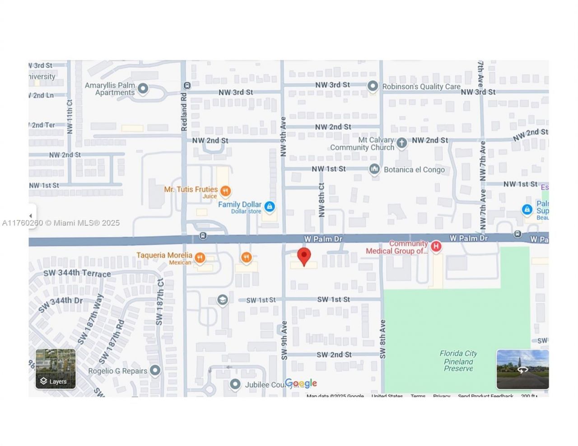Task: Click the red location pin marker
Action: (x=304, y=256)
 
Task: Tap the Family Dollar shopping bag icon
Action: (x=270, y=207)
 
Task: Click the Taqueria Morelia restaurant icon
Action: (x=200, y=258)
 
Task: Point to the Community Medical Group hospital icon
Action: (x=436, y=246)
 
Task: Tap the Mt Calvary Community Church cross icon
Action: (x=401, y=143)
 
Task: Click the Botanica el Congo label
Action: (x=414, y=170)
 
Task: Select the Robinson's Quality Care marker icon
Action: (x=373, y=86)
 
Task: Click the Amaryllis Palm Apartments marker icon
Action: (x=143, y=88)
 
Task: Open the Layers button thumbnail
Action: (x=56, y=369)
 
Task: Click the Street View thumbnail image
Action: (x=522, y=369)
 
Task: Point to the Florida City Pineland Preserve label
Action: (x=458, y=361)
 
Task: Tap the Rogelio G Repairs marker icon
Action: (x=155, y=370)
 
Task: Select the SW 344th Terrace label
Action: (x=77, y=273)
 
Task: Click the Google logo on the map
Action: (x=301, y=383)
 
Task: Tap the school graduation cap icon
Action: (x=222, y=300)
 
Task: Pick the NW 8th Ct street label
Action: (x=322, y=199)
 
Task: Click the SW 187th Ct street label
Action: (x=159, y=301)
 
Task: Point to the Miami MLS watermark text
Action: (x=61, y=223)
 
